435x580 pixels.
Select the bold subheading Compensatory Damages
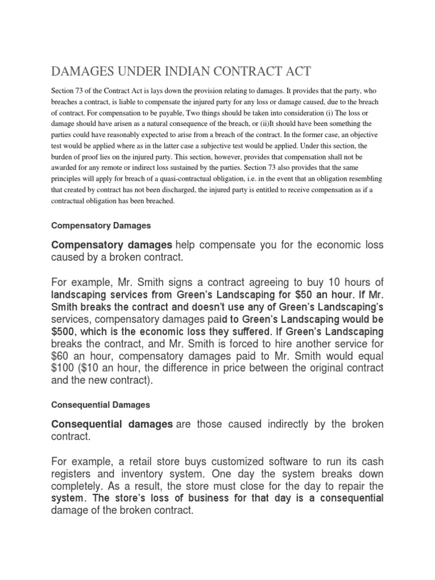pyautogui.click(x=101, y=225)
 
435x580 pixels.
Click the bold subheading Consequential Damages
pyautogui.click(x=100, y=405)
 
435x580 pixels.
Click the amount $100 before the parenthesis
pyautogui.click(x=63, y=368)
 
